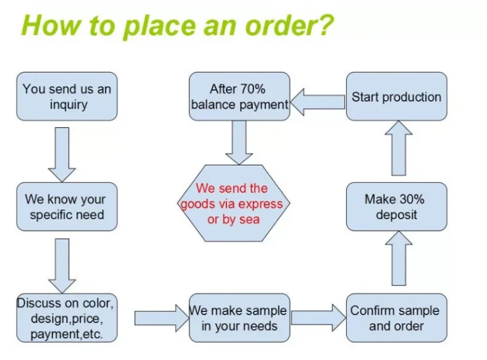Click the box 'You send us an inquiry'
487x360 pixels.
point(67,97)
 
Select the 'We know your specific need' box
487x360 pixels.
point(67,207)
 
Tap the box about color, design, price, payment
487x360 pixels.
point(67,318)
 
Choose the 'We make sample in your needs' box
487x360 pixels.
point(239,318)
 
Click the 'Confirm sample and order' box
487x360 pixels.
point(396,318)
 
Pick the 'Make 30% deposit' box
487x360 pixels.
point(396,207)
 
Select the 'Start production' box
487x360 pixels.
point(396,97)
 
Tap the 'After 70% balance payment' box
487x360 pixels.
point(239,97)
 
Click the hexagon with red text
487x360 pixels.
point(232,203)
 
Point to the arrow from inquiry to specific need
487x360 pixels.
point(62,153)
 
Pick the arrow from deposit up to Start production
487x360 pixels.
point(399,148)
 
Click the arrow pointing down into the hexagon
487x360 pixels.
point(239,142)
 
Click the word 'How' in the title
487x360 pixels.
point(47,26)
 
